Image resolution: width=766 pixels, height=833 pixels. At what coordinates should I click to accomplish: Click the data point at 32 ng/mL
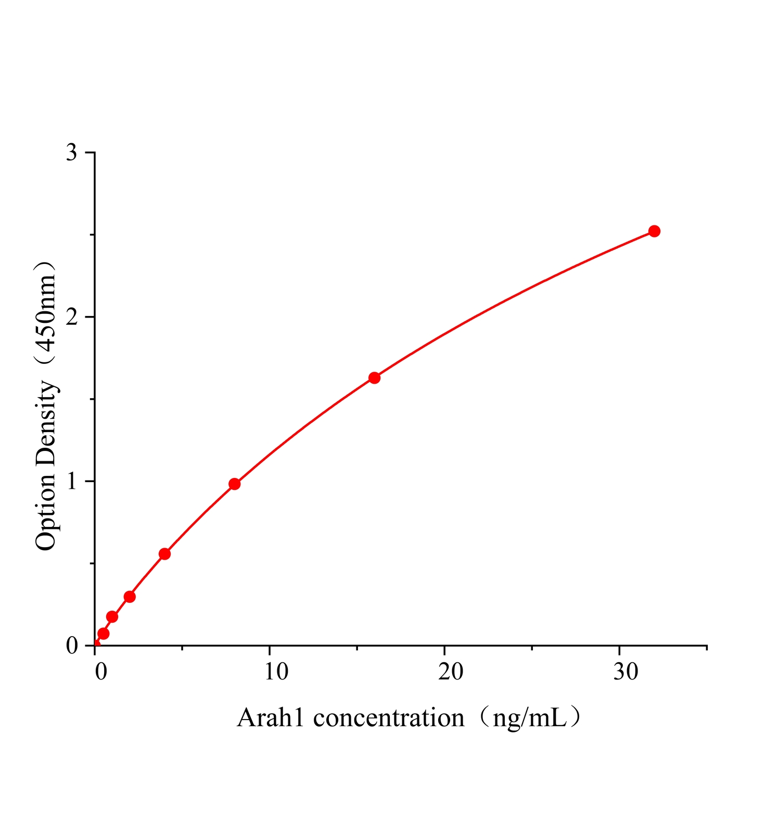(654, 231)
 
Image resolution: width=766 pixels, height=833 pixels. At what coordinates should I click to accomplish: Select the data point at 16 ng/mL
(374, 378)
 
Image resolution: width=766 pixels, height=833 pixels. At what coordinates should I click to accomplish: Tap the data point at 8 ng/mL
(235, 484)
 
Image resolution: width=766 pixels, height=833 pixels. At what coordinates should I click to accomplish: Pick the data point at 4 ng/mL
(164, 554)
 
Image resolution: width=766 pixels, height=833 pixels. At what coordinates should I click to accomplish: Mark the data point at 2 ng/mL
(130, 597)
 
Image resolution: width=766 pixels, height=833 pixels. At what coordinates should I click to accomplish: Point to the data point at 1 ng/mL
(112, 617)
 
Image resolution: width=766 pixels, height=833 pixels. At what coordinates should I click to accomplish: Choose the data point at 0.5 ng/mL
(103, 634)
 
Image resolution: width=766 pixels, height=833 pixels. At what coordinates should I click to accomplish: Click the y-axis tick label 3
(72, 153)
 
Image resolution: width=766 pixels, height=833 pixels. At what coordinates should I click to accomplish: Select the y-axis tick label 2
(72, 317)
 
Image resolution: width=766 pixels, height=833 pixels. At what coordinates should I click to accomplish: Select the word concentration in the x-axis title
(389, 718)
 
